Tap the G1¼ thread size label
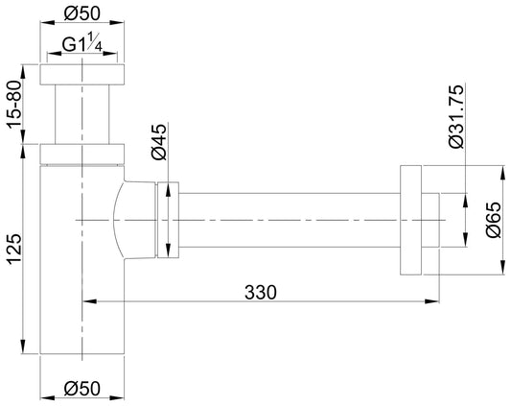click(81, 45)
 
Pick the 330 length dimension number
click(261, 292)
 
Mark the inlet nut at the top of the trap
click(81, 77)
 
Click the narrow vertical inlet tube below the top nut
click(81, 115)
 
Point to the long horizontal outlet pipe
click(288, 220)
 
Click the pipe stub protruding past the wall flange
click(430, 220)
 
